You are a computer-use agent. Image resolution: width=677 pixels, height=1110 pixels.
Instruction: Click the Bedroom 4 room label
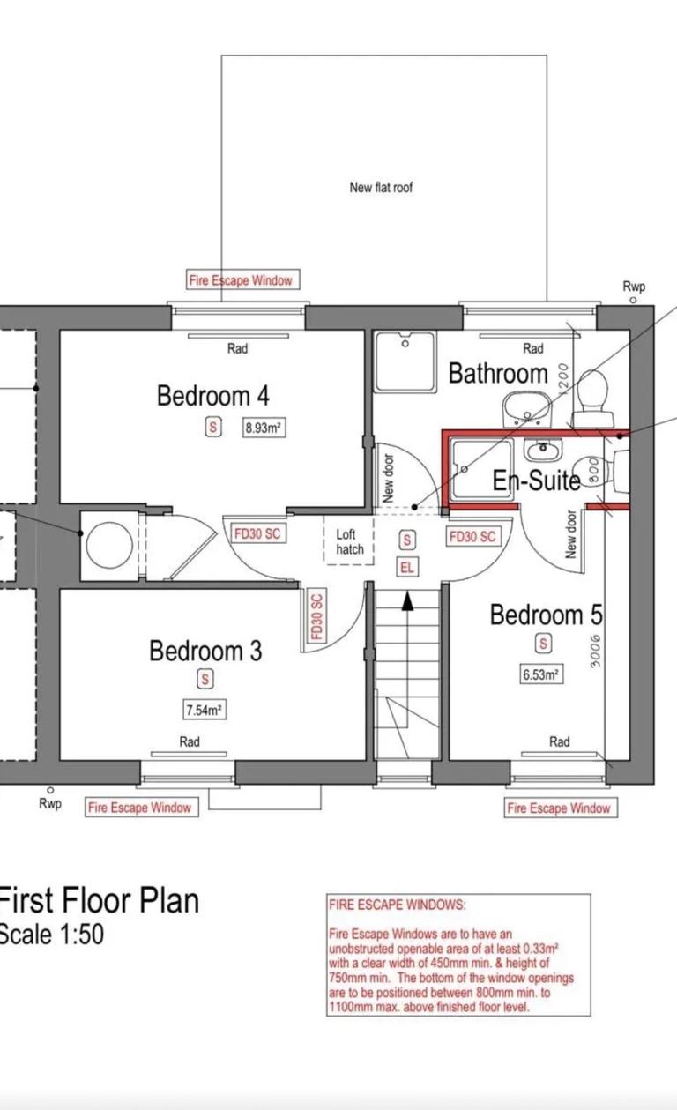(x=212, y=396)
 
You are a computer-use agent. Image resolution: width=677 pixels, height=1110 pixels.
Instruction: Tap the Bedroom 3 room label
(x=205, y=652)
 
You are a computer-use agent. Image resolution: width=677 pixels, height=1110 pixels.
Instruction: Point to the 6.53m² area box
(x=541, y=674)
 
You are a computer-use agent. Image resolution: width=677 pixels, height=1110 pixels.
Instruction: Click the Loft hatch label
(x=349, y=541)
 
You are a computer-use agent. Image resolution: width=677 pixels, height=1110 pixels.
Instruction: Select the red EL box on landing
(x=406, y=568)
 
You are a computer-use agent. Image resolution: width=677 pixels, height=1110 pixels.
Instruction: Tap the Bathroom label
(x=498, y=374)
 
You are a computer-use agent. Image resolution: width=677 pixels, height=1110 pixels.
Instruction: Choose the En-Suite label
(x=536, y=481)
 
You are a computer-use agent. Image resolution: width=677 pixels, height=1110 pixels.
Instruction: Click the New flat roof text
(x=381, y=187)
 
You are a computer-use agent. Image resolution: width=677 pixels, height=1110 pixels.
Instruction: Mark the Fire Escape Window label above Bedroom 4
(x=240, y=280)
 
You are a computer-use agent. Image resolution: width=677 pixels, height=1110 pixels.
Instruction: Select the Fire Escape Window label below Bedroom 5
(x=559, y=808)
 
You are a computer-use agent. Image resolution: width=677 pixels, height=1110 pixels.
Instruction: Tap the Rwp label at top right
(x=633, y=287)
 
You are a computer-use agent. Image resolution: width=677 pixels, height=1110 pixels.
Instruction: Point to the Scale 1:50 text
(x=52, y=935)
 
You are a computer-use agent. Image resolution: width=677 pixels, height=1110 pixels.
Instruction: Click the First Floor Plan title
(x=99, y=901)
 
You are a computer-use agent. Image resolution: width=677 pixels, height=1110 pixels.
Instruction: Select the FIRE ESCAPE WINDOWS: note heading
(x=398, y=905)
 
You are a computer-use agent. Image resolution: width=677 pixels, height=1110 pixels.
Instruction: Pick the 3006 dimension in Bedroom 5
(x=596, y=652)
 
